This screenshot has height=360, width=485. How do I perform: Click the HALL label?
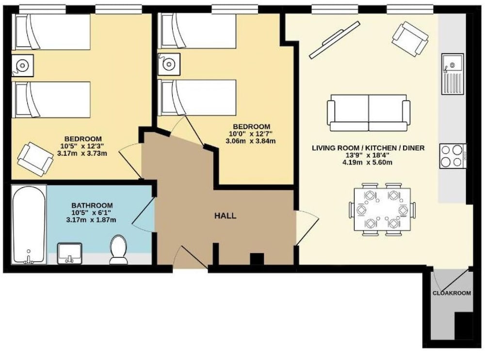point(225,216)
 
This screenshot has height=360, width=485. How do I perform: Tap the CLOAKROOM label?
point(452,293)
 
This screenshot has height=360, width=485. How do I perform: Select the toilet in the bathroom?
point(118,249)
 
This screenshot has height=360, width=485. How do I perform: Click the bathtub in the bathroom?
point(29,225)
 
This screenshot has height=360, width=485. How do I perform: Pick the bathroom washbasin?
point(69,254)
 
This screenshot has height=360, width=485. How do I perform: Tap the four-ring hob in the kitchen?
point(453,156)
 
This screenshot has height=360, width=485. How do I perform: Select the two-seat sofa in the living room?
point(369,113)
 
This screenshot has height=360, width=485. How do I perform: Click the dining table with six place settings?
point(382,210)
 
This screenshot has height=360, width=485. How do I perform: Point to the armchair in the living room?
point(410,39)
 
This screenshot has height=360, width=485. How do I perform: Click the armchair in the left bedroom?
point(35,159)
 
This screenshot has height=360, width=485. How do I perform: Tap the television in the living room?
point(335,40)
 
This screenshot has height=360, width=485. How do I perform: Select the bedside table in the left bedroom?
point(23,65)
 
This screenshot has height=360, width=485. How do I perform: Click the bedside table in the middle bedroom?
point(169,64)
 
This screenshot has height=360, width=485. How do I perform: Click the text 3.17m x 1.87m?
point(91,220)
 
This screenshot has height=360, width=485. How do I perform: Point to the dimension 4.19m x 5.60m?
point(368,162)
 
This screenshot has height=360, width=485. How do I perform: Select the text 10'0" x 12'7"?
point(251,134)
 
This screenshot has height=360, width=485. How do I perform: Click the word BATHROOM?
point(92,205)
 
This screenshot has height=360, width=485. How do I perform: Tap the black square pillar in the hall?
point(257,259)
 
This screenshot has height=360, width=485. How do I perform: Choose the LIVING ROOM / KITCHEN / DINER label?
point(368,148)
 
